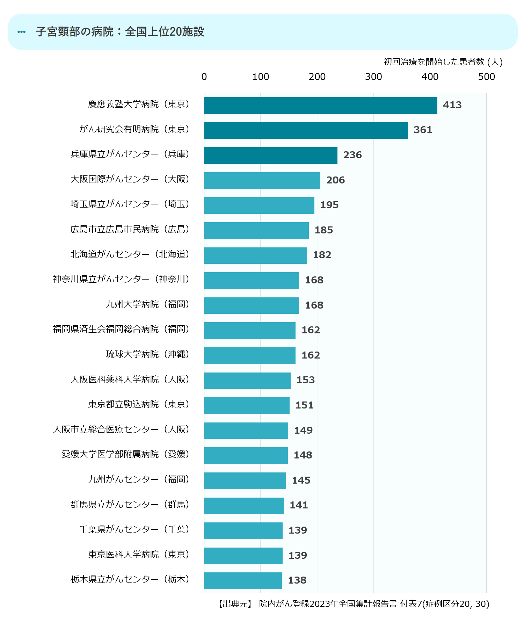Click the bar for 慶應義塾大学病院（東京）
[320, 106]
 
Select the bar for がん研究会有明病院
[306, 130]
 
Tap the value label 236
[352, 155]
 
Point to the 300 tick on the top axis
[373, 77]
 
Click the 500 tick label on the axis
[486, 77]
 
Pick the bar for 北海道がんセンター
[255, 255]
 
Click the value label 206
[335, 180]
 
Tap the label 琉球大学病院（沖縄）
[148, 354]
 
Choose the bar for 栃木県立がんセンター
[243, 581]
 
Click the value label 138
[297, 580]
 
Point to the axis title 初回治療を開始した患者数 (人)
[443, 62]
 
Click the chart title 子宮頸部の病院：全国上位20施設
[120, 32]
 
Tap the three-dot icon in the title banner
[22, 32]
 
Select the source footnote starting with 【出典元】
[353, 604]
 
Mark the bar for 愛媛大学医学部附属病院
[246, 456]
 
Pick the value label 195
[329, 205]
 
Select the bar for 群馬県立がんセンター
[244, 506]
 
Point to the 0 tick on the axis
[204, 77]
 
